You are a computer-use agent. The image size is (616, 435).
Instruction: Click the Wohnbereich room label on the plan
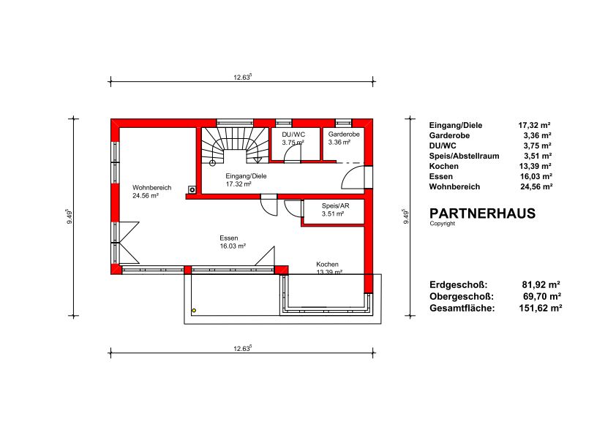coord(151,188)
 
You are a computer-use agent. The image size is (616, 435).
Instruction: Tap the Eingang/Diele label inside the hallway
coord(246,176)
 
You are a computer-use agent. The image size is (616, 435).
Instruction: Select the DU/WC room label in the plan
coord(293,135)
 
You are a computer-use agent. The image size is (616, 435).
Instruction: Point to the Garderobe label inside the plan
coord(344,135)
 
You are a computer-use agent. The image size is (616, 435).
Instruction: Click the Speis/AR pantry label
coord(336,205)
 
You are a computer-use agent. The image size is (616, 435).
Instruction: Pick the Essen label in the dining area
coord(229,238)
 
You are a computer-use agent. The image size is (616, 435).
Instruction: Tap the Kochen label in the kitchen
coord(327,264)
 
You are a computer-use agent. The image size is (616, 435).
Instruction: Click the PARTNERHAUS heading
coord(482,213)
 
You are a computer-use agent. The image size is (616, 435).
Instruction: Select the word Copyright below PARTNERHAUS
coord(443,224)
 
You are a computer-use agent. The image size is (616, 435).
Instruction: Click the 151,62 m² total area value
coord(541,309)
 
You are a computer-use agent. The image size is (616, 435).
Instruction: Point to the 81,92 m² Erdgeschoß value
coord(541,284)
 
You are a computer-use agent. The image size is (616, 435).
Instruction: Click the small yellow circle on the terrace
coord(194,311)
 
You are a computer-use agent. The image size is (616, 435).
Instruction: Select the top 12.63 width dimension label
coord(242,77)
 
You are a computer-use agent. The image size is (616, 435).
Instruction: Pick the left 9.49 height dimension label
coord(70,216)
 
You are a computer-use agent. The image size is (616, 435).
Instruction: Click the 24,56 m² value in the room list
coord(536,187)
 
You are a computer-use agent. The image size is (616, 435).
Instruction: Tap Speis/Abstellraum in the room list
coord(464,156)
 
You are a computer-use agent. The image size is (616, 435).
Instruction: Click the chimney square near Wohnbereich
coord(192,189)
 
